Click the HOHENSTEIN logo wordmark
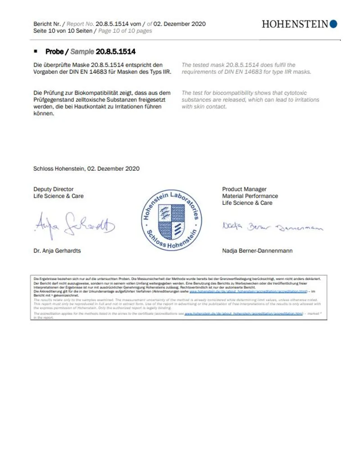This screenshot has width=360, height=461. (295, 24)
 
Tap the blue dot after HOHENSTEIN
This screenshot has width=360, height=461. (333, 24)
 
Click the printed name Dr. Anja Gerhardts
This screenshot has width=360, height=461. (57, 250)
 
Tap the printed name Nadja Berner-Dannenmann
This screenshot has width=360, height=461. (257, 250)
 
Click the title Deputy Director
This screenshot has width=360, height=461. (53, 189)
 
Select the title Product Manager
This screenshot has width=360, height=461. (244, 189)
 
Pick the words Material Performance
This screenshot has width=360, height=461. (250, 196)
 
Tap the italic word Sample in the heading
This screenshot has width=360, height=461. (82, 52)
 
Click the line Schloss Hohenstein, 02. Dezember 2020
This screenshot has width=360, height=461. (87, 169)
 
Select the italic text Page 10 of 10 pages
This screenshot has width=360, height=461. (125, 31)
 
